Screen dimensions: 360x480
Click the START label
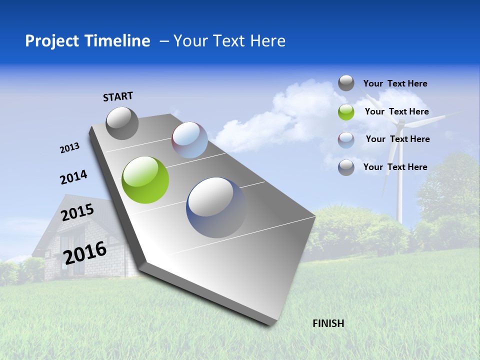coord(118,96)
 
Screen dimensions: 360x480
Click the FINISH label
coord(328,323)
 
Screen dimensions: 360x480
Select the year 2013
coord(70,147)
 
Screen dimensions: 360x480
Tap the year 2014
coord(73,177)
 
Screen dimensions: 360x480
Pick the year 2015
coord(77,212)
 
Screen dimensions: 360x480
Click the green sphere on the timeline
coord(145,180)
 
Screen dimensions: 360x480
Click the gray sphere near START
coord(122,123)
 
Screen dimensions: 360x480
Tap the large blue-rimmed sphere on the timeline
coord(216,207)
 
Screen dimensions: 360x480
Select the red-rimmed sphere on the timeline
coord(189,139)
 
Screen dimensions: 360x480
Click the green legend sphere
coord(346,112)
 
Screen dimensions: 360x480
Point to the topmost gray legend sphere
coord(346,83)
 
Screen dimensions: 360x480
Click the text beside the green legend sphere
coord(396,111)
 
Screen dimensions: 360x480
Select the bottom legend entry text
coord(395,167)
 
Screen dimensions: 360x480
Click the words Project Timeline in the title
coord(87,41)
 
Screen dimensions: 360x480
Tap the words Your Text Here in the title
coord(229,41)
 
